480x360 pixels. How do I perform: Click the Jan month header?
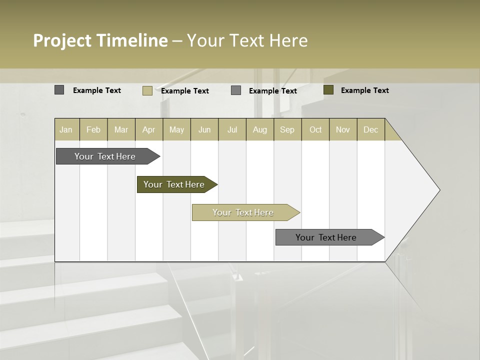pos(66,129)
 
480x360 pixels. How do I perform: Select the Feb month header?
pos(93,129)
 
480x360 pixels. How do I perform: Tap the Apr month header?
pos(149,129)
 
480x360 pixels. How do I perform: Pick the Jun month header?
pos(204,129)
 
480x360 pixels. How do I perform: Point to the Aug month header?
pos(260,129)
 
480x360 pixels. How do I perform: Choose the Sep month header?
pos(287,129)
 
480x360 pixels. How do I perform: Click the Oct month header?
pos(315,129)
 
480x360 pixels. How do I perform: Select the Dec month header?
pos(371,129)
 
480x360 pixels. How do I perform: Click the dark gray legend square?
pos(59,90)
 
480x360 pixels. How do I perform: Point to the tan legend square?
pos(147,90)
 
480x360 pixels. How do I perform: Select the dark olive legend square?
pos(328,90)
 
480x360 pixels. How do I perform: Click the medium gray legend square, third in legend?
pos(236,90)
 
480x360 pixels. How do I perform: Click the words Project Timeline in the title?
pos(100,40)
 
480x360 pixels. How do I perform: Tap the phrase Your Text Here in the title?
pos(247,40)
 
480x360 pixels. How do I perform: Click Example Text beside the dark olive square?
pos(364,90)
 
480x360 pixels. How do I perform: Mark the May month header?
pos(176,129)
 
